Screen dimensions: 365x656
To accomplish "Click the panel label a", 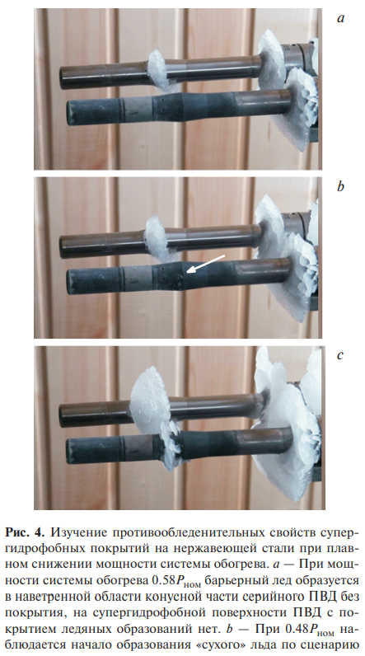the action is [341, 19].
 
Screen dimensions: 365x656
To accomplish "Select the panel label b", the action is [341, 185].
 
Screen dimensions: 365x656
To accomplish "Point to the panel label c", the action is [340, 356].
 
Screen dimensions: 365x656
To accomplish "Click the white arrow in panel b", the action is [206, 264].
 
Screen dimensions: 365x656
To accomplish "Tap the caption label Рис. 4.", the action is [25, 533].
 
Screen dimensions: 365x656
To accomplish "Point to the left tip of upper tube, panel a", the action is [61, 77].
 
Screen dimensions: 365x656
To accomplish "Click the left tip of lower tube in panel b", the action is [68, 282].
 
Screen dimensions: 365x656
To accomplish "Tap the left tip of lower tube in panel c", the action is [68, 450].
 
